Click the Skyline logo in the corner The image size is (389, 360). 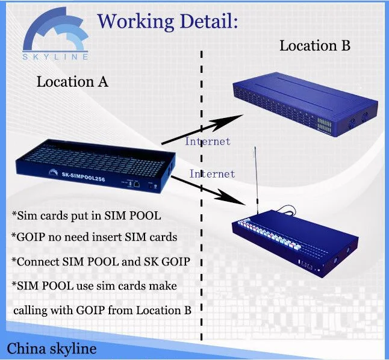(55, 34)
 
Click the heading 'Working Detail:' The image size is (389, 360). (167, 22)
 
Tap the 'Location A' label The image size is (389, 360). (72, 82)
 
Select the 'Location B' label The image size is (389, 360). (315, 46)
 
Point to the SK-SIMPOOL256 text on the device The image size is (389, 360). (83, 176)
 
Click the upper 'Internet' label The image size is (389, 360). (208, 141)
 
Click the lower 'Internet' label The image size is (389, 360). (212, 174)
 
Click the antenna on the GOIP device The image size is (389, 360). (256, 180)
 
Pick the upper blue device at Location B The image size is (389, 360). (305, 104)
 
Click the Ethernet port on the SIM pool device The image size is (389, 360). (136, 184)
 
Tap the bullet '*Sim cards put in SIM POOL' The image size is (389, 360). (86, 216)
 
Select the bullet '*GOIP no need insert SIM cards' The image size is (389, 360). (95, 237)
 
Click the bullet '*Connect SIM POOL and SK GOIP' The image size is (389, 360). (101, 261)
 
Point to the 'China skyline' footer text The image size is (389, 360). (52, 349)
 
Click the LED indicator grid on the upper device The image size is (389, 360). (324, 125)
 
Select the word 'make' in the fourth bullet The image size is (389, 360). (163, 286)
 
